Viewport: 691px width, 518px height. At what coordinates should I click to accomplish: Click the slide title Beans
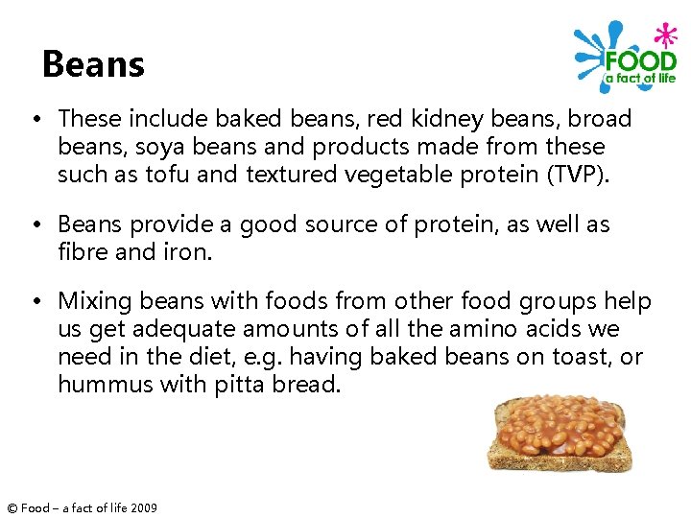point(93,64)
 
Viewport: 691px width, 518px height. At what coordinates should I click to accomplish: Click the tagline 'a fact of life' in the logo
point(640,78)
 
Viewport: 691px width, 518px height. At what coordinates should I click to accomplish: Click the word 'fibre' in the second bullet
point(82,251)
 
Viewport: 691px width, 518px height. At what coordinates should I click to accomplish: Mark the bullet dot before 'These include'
point(34,120)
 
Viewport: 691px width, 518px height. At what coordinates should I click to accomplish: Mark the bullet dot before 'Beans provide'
point(34,224)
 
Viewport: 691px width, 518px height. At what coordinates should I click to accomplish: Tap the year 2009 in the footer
point(143,507)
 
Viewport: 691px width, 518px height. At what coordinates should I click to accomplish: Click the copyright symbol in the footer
point(12,507)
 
